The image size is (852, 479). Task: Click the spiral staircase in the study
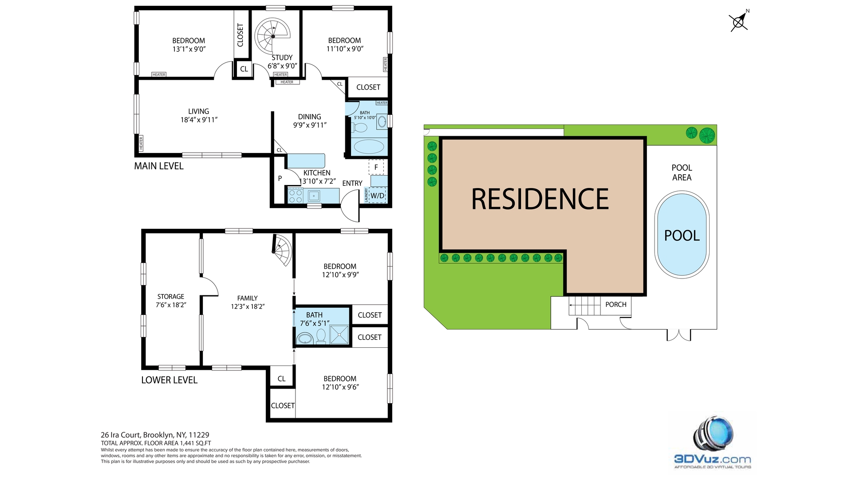tap(272, 36)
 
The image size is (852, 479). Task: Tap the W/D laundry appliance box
tap(378, 196)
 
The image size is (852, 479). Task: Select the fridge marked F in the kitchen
tap(376, 167)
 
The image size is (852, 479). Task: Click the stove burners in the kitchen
tap(295, 196)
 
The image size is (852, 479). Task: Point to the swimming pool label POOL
tap(682, 236)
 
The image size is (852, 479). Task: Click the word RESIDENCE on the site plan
tap(540, 199)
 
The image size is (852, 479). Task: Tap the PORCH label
tap(616, 304)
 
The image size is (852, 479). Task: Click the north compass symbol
tap(739, 21)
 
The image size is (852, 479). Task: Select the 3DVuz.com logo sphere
tap(713, 435)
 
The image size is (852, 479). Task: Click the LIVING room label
tap(198, 111)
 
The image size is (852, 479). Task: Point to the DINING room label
tap(310, 117)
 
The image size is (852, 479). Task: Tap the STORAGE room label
tap(171, 297)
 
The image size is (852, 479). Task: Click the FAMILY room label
tap(248, 298)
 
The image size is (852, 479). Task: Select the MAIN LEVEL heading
tap(159, 166)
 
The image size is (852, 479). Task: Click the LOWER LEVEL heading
tap(170, 380)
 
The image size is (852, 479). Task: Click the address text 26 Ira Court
tap(121, 435)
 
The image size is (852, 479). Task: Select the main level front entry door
tap(351, 206)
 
